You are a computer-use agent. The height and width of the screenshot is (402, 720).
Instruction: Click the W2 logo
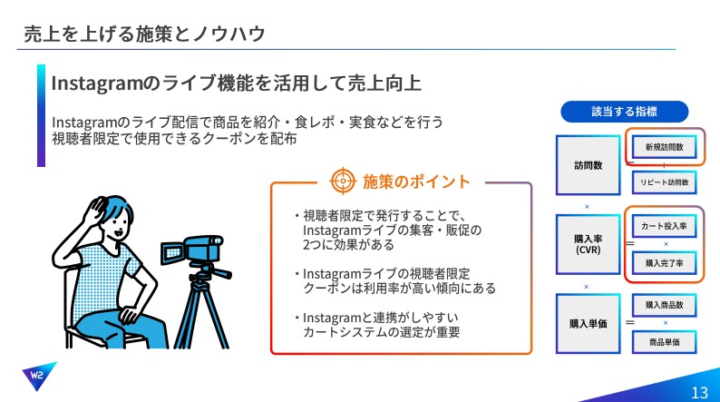[x=39, y=376]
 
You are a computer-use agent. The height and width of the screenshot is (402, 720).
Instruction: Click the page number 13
[x=699, y=393]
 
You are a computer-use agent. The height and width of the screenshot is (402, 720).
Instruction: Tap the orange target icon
[x=343, y=181]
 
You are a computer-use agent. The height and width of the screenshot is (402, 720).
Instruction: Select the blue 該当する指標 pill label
[x=624, y=112]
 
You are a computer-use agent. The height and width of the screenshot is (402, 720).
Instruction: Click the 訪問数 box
[x=589, y=165]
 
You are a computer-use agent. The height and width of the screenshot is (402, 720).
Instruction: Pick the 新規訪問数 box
[x=664, y=147]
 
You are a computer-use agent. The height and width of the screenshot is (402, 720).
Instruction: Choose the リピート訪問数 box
[x=664, y=182]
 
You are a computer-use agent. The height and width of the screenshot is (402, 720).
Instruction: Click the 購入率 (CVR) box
[x=589, y=244]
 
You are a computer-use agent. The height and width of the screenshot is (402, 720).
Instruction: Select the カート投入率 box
[x=664, y=226]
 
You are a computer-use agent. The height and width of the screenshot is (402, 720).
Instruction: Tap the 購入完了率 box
[x=664, y=263]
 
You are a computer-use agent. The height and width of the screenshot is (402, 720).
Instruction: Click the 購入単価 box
[x=589, y=324]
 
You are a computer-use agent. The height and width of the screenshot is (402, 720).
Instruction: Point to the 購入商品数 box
[x=664, y=305]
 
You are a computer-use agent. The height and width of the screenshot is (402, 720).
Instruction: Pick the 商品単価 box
[x=664, y=342]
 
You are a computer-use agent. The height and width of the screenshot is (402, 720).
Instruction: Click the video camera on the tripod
[x=193, y=250]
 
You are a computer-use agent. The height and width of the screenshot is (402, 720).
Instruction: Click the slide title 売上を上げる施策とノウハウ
[x=145, y=34]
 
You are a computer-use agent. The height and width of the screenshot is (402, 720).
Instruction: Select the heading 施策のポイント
[x=416, y=181]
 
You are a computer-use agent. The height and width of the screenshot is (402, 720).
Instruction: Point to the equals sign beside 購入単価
[x=630, y=322]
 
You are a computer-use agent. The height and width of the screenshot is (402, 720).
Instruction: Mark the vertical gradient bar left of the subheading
[x=42, y=115]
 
